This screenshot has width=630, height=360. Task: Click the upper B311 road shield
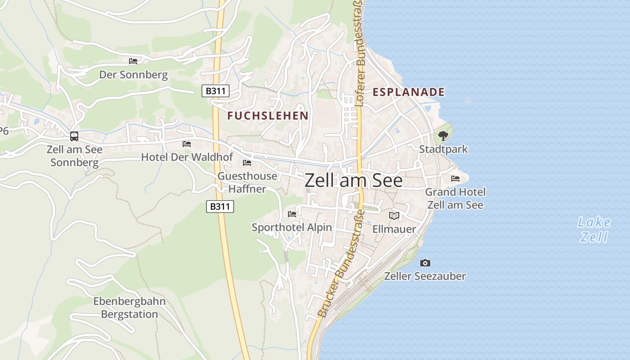pos(215,91)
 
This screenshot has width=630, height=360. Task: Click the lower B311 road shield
pos(220,207)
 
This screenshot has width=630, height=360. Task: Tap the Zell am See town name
pos(354,180)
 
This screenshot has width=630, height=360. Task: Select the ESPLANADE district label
pos(409,92)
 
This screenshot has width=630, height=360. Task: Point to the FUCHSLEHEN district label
pos(268,116)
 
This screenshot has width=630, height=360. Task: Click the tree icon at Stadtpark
pos(443,135)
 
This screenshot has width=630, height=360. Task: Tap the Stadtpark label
pos(444,149)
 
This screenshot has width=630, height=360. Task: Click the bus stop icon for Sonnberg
pos(74,136)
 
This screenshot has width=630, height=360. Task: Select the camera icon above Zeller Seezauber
pos(425,263)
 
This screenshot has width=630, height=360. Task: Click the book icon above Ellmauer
pos(394,216)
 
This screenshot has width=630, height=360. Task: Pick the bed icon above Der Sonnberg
pos(133,61)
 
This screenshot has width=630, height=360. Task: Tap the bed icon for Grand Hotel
pos(455,179)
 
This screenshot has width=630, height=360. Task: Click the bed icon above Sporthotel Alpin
pos(292,214)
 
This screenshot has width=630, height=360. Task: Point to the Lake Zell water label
pos(594,229)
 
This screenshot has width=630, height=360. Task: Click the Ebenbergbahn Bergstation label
pos(130,308)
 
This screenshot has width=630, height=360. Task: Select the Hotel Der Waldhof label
pos(187,157)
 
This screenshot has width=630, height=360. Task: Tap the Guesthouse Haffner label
pos(247,182)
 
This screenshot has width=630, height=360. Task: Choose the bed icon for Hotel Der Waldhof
pos(187,144)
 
